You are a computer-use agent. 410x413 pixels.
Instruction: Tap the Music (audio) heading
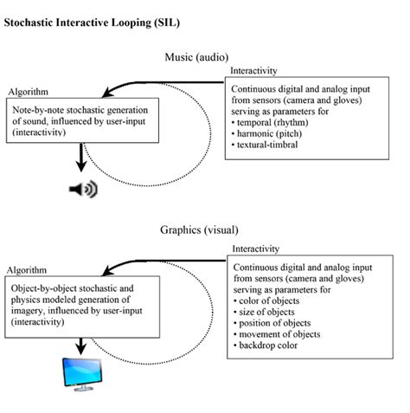click(198, 57)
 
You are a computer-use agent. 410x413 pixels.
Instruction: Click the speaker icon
click(83, 189)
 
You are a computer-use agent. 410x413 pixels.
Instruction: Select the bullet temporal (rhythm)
click(279, 124)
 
